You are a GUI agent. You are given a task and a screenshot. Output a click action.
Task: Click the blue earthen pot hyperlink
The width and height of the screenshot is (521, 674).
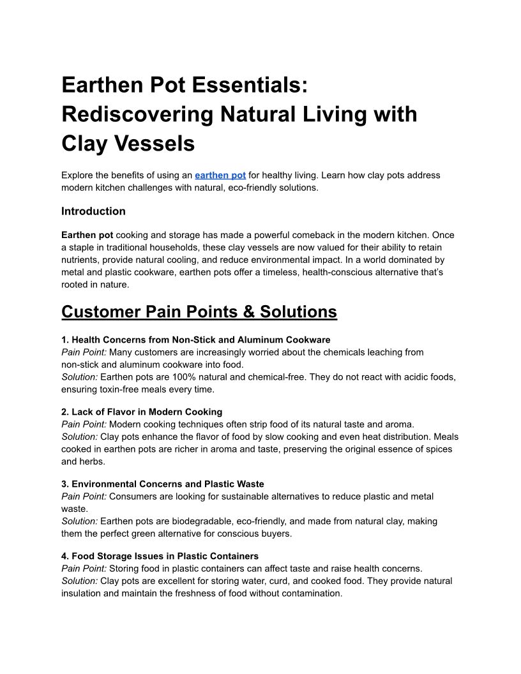[x=220, y=175]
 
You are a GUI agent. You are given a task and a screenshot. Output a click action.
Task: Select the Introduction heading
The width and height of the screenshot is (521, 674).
[x=93, y=211]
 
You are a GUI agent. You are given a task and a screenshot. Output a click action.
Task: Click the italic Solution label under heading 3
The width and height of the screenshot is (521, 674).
[x=79, y=521]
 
